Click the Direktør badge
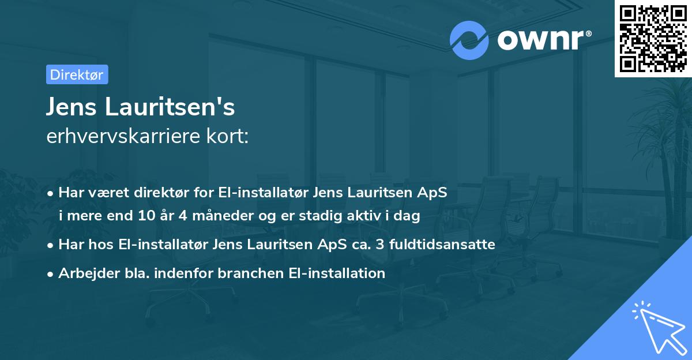pos(77,74)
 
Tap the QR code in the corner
pos(652,38)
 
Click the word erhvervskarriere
pos(123,136)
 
